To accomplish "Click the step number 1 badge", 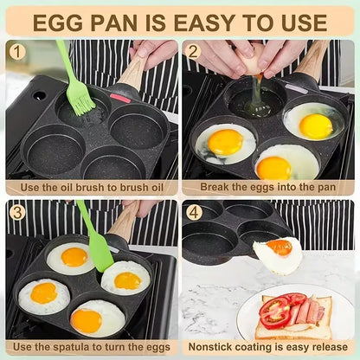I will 18,50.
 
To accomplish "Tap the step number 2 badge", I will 195,50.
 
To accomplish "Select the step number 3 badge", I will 18,211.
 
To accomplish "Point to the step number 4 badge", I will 195,211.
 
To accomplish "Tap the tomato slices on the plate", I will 277,310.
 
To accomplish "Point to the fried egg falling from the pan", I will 279,256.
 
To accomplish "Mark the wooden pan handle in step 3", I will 126,222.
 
